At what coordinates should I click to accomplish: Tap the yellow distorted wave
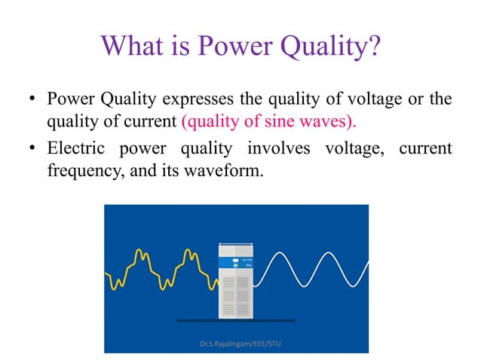click(163, 272)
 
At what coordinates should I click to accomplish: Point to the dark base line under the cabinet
click(236, 321)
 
